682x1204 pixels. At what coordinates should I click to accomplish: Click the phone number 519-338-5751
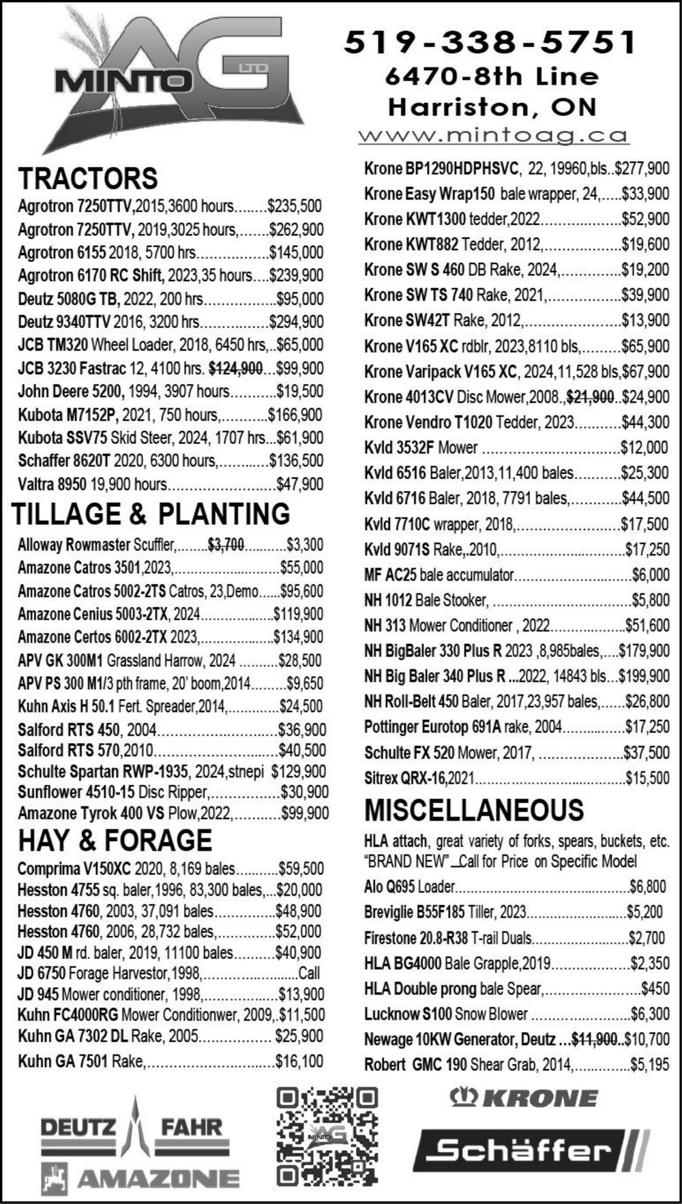pyautogui.click(x=490, y=42)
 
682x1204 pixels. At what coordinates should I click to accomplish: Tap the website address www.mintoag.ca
pyautogui.click(x=493, y=135)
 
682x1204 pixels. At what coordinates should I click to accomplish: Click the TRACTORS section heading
pyautogui.click(x=88, y=179)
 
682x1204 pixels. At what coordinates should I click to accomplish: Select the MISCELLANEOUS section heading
pyautogui.click(x=474, y=810)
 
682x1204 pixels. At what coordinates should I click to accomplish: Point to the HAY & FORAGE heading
pyautogui.click(x=115, y=840)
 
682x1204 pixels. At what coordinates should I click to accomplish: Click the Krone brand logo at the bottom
pyautogui.click(x=524, y=1098)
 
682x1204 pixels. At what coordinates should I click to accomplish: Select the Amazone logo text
pyautogui.click(x=158, y=1178)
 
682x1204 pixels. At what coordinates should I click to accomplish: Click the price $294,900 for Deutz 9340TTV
pyautogui.click(x=297, y=321)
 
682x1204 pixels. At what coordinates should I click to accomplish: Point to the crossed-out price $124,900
pyautogui.click(x=235, y=368)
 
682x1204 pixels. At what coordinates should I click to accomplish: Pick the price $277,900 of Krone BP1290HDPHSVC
pyautogui.click(x=642, y=168)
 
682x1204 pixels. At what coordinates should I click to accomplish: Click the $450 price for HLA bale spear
pyautogui.click(x=655, y=988)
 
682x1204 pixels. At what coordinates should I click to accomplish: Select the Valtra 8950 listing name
pyautogui.click(x=52, y=484)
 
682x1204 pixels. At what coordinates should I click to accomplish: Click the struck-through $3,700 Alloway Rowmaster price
pyautogui.click(x=226, y=544)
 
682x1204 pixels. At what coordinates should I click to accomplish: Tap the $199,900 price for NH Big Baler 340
pyautogui.click(x=644, y=676)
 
